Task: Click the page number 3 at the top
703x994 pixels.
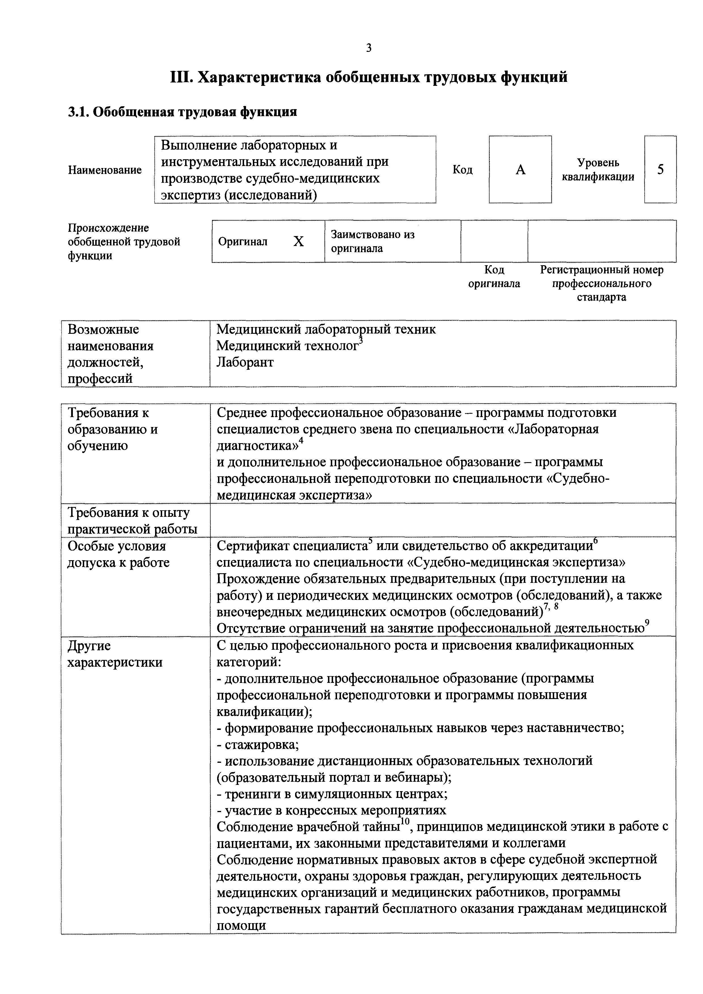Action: tap(369, 48)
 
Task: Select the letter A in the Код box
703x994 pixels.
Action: tap(520, 170)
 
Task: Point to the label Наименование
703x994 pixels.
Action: tap(105, 170)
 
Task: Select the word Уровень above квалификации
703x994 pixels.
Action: tap(598, 163)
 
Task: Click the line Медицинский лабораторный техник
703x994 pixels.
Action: tap(326, 330)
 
